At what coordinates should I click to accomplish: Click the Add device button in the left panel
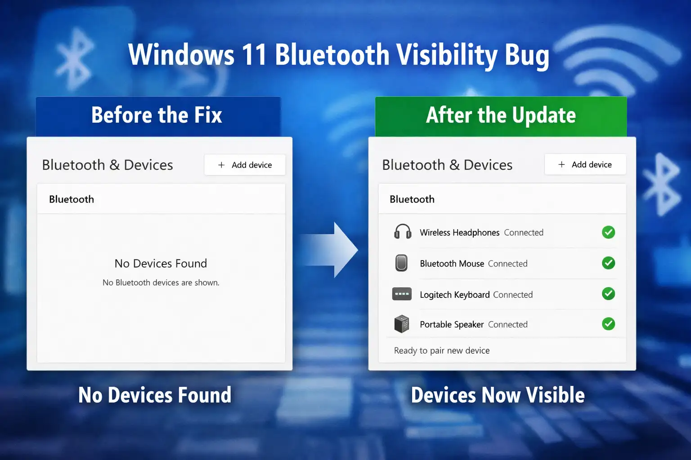[x=245, y=165]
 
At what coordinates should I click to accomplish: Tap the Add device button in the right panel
[x=585, y=164]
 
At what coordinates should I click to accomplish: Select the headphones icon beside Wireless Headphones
[x=403, y=232]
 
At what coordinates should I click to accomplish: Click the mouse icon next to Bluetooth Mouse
[x=401, y=263]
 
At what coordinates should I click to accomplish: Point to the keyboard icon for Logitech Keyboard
[x=402, y=294]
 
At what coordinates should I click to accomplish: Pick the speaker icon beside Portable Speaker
[x=402, y=324]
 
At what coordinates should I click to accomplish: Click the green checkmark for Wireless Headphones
[x=608, y=232]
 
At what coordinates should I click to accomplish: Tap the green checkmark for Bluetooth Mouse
[x=608, y=263]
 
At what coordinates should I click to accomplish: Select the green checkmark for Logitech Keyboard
[x=608, y=294]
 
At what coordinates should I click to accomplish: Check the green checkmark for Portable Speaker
[x=608, y=324]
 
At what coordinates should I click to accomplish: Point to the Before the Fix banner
[x=157, y=115]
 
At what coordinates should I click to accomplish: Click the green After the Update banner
[x=501, y=115]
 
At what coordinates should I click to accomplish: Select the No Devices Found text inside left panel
[x=161, y=263]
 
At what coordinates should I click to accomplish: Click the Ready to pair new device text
[x=442, y=350]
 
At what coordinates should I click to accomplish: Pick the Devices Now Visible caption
[x=498, y=395]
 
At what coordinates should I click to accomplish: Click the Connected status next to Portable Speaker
[x=507, y=324]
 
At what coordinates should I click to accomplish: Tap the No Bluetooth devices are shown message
[x=161, y=283]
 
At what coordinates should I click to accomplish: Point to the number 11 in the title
[x=254, y=55]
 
